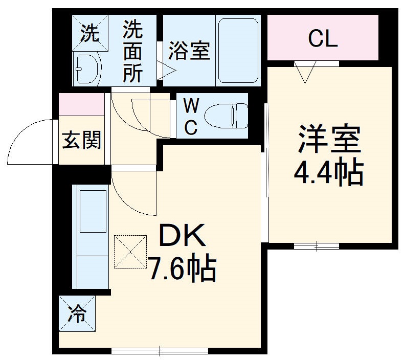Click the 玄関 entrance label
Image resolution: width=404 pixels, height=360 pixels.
coord(81,139)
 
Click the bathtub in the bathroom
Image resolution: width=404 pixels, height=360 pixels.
coord(237,51)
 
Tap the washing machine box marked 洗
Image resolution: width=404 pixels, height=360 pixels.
coord(91,33)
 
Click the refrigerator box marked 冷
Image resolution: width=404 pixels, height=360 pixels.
coord(77,313)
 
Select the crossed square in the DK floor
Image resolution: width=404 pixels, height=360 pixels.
coord(130,252)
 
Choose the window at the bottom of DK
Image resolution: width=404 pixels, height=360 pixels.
coord(160,351)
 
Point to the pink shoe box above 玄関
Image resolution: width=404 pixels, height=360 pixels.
coord(82,104)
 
